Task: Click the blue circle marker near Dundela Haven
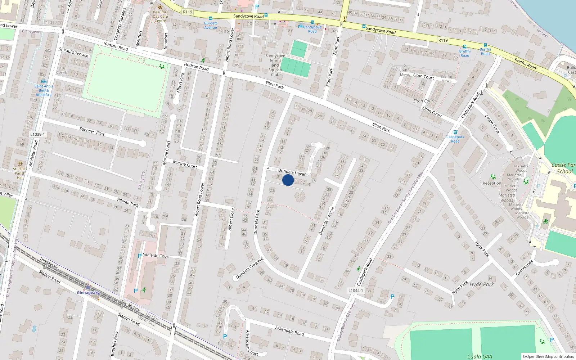click(288, 180)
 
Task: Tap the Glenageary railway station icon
click(88, 287)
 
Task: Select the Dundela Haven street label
click(292, 172)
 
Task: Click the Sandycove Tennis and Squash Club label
click(275, 65)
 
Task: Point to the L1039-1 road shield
click(37, 134)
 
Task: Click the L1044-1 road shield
click(356, 291)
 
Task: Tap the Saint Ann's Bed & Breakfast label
click(44, 90)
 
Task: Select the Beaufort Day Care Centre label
click(160, 16)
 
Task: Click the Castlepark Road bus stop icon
click(455, 132)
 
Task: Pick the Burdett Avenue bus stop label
click(211, 25)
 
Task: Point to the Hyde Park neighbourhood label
click(482, 284)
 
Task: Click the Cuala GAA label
click(480, 356)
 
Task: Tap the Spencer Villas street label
click(92, 131)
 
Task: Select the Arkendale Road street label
click(289, 331)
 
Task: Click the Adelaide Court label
click(156, 256)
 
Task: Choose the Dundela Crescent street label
click(249, 268)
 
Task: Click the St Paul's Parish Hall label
click(20, 173)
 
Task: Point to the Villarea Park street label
click(127, 202)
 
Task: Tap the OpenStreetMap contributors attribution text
click(548, 356)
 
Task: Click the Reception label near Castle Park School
click(492, 183)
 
